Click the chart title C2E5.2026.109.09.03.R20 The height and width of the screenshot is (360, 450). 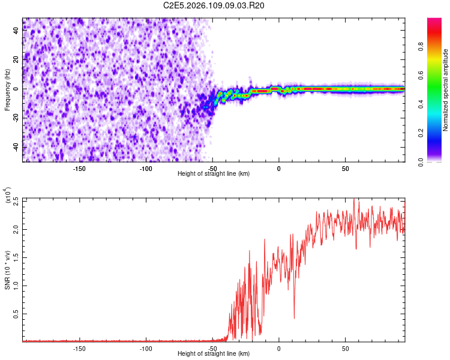[214, 5]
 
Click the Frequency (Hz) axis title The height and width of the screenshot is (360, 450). [7, 90]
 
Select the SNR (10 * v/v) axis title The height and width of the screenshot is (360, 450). [7, 269]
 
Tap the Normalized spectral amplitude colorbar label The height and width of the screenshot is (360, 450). [446, 90]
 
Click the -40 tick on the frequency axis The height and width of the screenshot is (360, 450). [15, 147]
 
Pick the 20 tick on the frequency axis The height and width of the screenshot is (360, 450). [16, 60]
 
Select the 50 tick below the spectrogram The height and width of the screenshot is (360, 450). [346, 168]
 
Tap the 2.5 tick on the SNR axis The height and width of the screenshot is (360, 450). [14, 200]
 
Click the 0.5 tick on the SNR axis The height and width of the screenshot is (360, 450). [14, 313]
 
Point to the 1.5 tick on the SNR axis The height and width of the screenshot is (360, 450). [14, 257]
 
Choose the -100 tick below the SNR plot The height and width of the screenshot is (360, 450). [146, 348]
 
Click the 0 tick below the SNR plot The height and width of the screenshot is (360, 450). [279, 348]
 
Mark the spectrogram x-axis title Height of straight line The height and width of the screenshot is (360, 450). [214, 174]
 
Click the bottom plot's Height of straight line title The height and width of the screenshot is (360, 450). [214, 354]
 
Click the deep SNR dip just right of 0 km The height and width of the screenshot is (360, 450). [294, 317]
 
